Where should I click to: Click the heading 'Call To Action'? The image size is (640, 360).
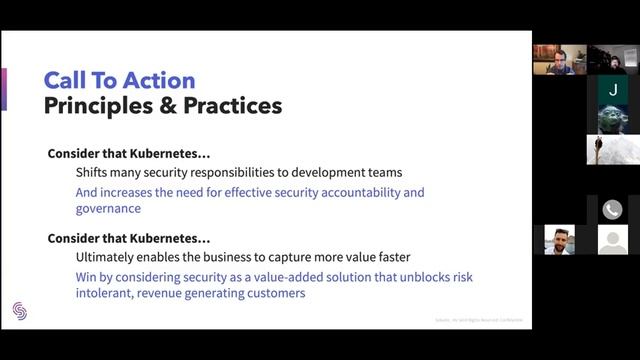click(x=119, y=80)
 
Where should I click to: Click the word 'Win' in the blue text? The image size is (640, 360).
click(x=88, y=277)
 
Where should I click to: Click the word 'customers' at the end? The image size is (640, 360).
click(x=273, y=294)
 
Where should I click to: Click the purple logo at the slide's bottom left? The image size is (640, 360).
click(x=20, y=310)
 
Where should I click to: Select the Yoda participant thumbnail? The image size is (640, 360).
click(x=612, y=119)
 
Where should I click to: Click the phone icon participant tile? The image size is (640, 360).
click(x=612, y=210)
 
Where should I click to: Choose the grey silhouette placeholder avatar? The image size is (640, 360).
click(x=612, y=240)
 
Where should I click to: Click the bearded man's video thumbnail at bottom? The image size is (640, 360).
click(x=559, y=240)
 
